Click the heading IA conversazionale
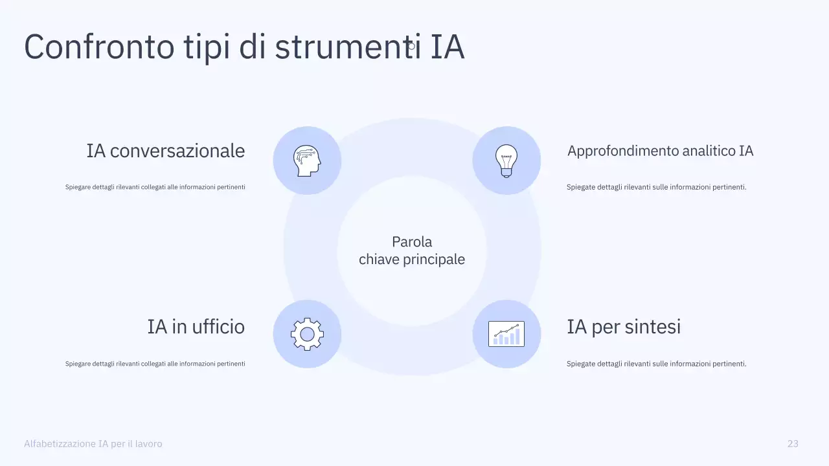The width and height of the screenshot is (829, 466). tap(166, 151)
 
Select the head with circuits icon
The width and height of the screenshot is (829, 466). tap(307, 161)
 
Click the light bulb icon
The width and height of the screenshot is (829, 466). tap(506, 161)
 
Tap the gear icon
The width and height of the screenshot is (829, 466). tap(307, 334)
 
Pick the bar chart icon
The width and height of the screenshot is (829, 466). tap(506, 334)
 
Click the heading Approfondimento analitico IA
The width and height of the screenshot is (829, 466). tap(660, 151)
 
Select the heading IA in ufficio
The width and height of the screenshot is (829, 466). tap(196, 326)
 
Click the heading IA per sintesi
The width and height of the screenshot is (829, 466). tap(624, 326)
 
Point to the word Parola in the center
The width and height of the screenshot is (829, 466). tap(412, 242)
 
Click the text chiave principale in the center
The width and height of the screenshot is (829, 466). tap(412, 260)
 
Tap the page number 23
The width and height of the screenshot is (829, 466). tap(793, 443)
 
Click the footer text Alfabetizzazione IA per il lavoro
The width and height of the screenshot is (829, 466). tap(93, 443)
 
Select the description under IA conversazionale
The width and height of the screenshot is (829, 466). tap(155, 187)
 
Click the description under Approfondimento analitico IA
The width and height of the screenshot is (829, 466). tap(656, 187)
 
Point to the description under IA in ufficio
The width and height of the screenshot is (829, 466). tap(155, 364)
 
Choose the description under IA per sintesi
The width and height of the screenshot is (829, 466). tap(656, 364)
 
